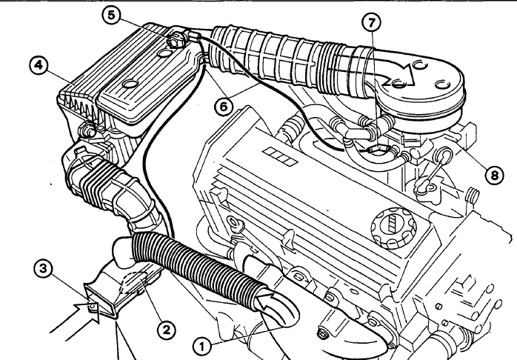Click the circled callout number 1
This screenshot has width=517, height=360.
pyautogui.click(x=202, y=347)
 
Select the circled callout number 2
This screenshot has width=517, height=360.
pyautogui.click(x=166, y=330)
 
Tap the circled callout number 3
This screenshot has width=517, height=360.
pyautogui.click(x=43, y=269)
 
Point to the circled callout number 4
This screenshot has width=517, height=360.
pyautogui.click(x=39, y=65)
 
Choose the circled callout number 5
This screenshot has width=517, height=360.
pyautogui.click(x=112, y=15)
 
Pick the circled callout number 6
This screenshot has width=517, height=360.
pyautogui.click(x=223, y=107)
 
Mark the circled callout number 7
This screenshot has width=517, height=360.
pyautogui.click(x=372, y=22)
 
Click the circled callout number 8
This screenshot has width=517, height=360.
pyautogui.click(x=495, y=175)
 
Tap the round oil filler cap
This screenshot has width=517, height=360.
pyautogui.click(x=393, y=228)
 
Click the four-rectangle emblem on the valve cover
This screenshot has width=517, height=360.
pyautogui.click(x=280, y=156)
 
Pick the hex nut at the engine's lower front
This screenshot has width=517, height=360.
pyautogui.click(x=321, y=333)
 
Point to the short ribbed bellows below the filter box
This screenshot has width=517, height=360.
pyautogui.click(x=99, y=184)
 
